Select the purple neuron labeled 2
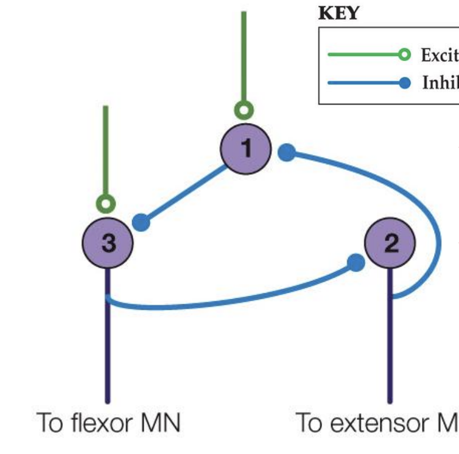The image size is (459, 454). tap(390, 243)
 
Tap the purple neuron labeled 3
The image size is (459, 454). tap(108, 243)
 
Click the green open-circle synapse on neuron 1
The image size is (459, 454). tap(244, 111)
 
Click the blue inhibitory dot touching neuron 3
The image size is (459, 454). tap(141, 222)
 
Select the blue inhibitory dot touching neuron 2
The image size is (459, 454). tap(356, 263)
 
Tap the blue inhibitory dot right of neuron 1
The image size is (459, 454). tap(287, 152)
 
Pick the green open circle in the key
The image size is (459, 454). tap(404, 55)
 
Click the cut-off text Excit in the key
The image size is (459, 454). tap(439, 55)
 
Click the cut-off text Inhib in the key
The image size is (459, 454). tap(440, 83)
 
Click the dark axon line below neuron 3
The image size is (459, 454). tap(108, 353)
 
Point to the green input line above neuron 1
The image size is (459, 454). tap(244, 55)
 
